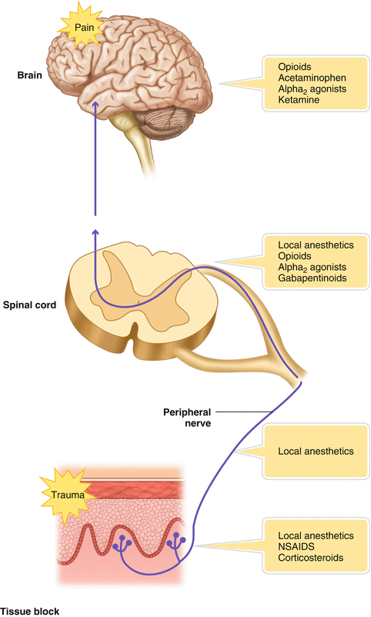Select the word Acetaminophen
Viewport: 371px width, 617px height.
tap(312, 78)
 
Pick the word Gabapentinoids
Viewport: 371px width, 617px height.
tap(313, 278)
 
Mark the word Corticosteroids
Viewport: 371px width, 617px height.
tap(311, 557)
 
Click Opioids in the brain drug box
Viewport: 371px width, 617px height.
tap(296, 66)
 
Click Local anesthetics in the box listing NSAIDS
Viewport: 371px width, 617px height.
tap(316, 534)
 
